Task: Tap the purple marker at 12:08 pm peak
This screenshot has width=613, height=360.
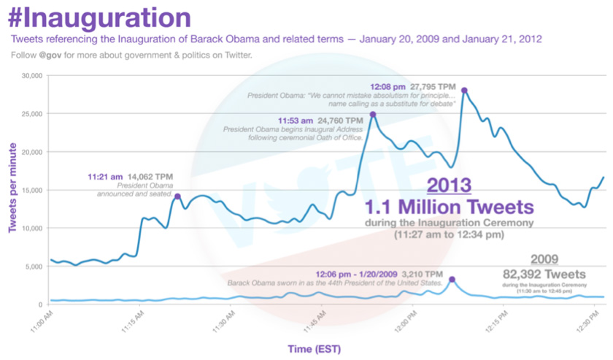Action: [x=464, y=91]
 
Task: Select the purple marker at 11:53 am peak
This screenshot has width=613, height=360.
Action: [x=373, y=115]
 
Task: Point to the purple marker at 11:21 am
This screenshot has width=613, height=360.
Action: [x=177, y=196]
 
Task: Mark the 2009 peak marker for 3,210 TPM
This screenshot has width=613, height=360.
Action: [x=452, y=280]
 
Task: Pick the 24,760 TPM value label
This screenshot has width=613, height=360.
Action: [x=342, y=120]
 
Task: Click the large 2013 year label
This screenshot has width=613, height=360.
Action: [x=449, y=184]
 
